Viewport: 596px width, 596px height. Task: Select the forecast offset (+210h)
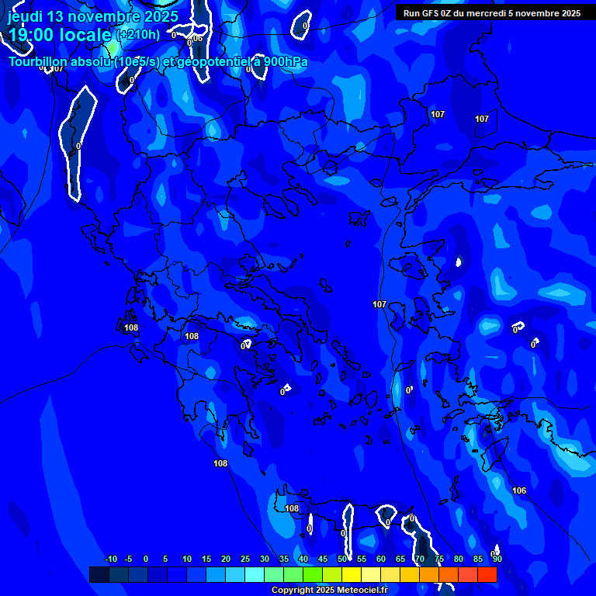137,34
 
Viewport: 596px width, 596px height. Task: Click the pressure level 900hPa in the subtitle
285,62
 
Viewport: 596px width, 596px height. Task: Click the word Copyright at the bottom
291,591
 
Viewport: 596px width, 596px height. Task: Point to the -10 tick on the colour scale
110,559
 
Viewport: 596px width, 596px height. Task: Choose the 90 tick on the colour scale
497,559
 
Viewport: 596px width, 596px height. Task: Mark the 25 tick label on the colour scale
244,559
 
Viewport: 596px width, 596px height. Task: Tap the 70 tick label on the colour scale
419,559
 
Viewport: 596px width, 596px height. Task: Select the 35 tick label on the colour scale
283,559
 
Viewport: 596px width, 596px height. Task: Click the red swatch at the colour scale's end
487,574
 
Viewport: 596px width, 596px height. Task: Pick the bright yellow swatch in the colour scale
351,574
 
